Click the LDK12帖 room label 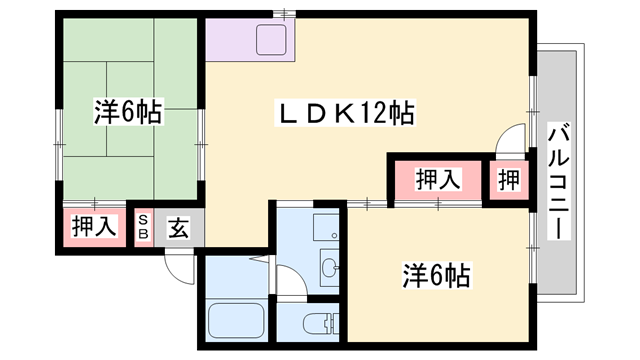346,113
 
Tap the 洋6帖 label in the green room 128,111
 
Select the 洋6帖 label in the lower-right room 436,276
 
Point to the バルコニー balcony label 558,182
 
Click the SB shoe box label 144,227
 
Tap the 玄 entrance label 179,228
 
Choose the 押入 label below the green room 94,226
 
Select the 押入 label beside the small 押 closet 438,179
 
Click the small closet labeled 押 509,180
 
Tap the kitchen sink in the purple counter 271,39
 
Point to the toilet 321,323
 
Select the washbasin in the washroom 330,268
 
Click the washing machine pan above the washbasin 326,227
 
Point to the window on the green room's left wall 60,145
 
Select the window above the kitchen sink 284,14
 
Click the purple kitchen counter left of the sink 230,40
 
